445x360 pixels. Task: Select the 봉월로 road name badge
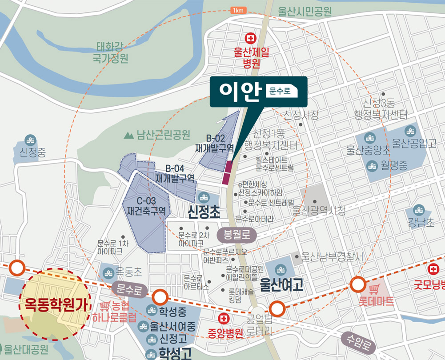pos(237,235)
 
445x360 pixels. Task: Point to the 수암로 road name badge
pos(358,342)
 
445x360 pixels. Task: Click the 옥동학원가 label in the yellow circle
pos(55,307)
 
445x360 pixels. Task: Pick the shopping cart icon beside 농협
pos(105,306)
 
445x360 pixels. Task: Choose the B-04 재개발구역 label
pos(175,173)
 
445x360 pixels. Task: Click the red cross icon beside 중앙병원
pos(224,319)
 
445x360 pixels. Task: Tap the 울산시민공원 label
pos(305,11)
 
